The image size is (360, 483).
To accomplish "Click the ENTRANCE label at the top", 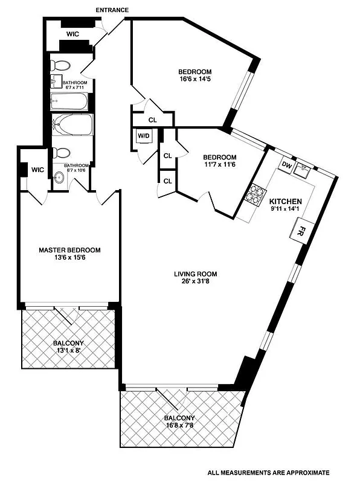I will [x=112, y=10].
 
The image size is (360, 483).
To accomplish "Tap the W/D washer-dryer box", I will [x=144, y=136].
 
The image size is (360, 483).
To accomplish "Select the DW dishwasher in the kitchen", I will [x=288, y=165].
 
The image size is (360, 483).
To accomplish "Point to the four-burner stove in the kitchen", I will [x=254, y=195].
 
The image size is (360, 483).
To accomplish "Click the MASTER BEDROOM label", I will [x=69, y=249].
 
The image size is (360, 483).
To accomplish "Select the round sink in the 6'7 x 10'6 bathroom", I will [x=59, y=178].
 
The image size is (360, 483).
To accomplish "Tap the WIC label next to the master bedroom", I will [x=38, y=170].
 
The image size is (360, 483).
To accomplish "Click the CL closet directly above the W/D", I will [x=152, y=120].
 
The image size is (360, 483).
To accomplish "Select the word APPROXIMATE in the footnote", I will [x=306, y=473].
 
